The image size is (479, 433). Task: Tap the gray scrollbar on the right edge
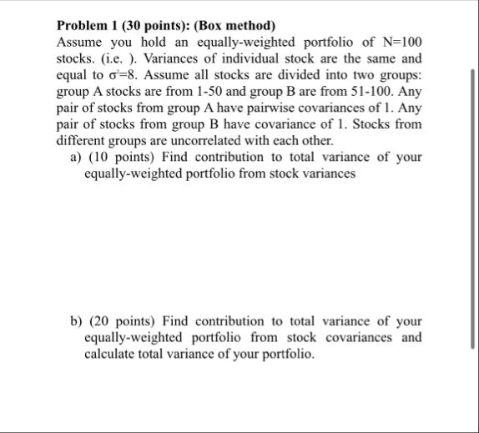(x=473, y=209)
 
